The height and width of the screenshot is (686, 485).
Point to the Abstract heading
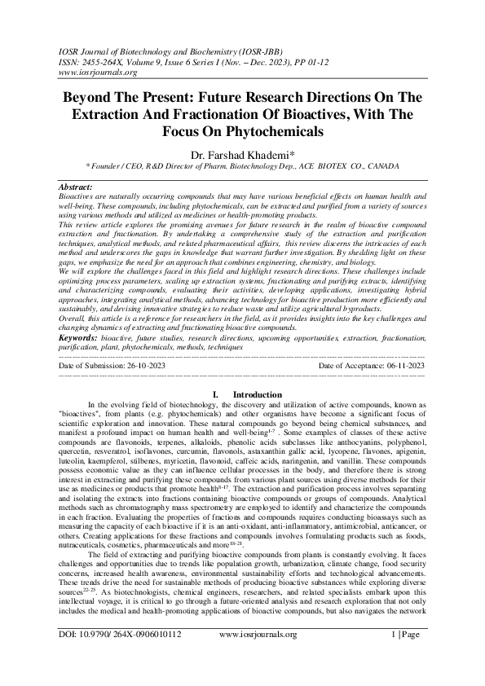point(77,187)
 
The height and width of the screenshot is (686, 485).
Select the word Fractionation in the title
point(226,112)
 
